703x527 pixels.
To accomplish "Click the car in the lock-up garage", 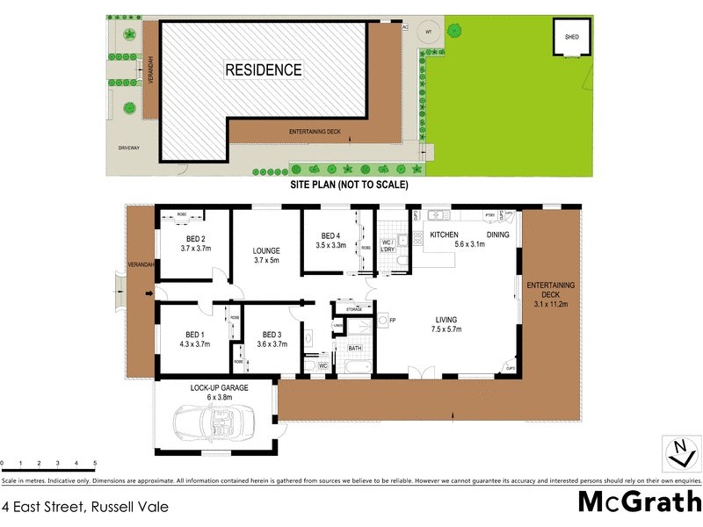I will tap(214, 424).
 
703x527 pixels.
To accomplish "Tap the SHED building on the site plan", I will tap(571, 38).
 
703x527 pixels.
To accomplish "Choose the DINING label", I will tap(498, 235).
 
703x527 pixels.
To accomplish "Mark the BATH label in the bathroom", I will tap(355, 349).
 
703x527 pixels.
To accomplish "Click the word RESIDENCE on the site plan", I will tap(263, 69).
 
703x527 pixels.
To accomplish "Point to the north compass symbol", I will tap(678, 453).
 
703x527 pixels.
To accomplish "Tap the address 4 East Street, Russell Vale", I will tap(84, 507).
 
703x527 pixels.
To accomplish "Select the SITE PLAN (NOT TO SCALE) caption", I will tap(349, 185).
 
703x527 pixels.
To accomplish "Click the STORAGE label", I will tap(354, 309).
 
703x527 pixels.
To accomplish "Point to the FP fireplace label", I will tap(393, 320).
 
